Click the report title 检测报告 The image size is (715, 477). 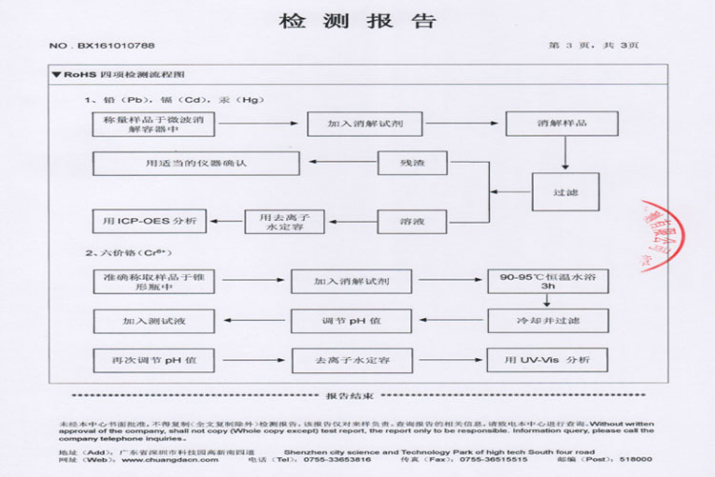(x=357, y=21)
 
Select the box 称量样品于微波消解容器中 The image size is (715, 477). (x=151, y=124)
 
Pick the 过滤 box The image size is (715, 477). (x=564, y=190)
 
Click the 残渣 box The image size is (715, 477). (x=412, y=163)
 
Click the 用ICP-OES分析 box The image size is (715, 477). (x=151, y=221)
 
